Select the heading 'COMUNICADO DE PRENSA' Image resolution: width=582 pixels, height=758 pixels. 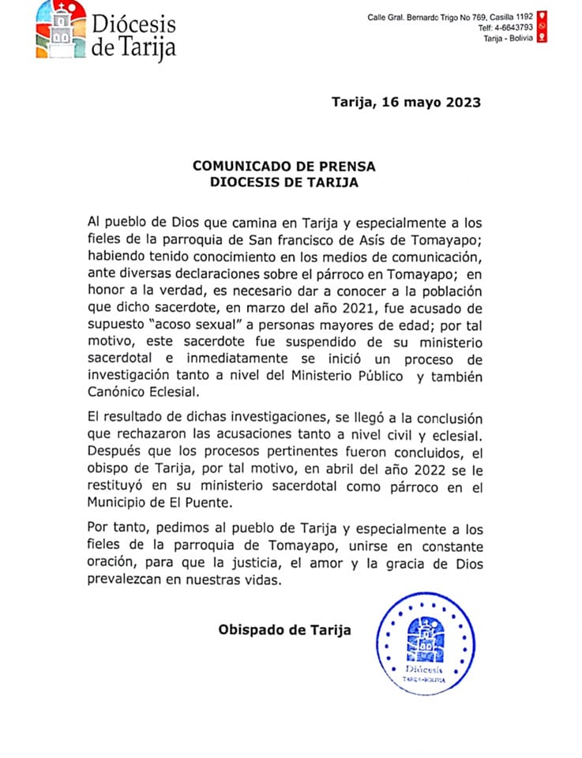click(284, 167)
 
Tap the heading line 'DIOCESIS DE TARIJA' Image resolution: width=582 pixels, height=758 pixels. click(284, 182)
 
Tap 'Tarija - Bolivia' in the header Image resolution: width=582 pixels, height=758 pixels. click(509, 39)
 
